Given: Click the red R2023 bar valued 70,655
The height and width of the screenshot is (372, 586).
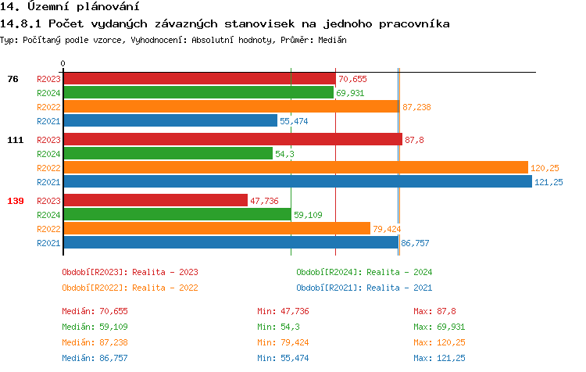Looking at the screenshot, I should pos(199,79).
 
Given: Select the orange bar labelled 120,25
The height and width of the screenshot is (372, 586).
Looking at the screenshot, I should pos(295,168).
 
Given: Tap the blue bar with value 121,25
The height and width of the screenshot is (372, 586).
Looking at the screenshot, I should pos(297,182).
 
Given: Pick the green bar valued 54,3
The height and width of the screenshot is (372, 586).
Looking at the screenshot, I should pos(168,154).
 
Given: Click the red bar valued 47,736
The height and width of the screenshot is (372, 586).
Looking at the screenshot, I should pos(155,201).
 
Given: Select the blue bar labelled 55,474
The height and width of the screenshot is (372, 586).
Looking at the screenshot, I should pos(170,121).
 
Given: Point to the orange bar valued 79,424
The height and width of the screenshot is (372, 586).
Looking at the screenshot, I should pos(216,229).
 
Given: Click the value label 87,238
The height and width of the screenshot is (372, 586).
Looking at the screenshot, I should pos(416,107).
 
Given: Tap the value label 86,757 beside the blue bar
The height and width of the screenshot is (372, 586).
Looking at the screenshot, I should pos(416,243).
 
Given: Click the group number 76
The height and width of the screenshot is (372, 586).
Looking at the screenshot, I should pos(13,79).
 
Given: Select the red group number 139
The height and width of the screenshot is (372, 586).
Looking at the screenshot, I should pos(16,201).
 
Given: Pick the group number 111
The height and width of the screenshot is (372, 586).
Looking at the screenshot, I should pos(16,140).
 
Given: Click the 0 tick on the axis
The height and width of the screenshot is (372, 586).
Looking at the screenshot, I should pos(63,63).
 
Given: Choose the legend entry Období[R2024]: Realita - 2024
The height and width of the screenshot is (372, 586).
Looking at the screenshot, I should pos(364,272).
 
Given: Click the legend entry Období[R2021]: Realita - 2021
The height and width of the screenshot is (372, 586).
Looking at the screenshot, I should pos(364,287).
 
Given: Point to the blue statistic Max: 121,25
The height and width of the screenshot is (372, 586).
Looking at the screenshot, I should pos(439,358).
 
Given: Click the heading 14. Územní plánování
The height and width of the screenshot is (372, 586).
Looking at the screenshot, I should pos(64,7).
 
